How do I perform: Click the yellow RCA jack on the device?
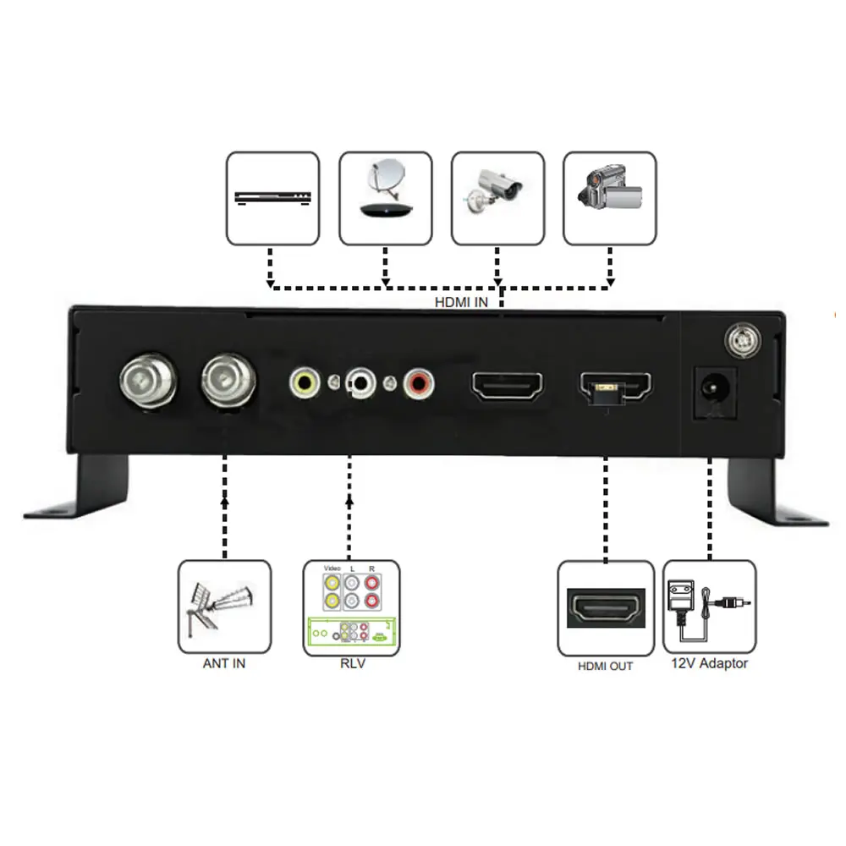[x=303, y=383]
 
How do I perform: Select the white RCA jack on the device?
[x=361, y=383]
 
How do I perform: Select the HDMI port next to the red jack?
[x=508, y=386]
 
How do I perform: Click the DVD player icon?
[x=272, y=199]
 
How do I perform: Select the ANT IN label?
[x=224, y=663]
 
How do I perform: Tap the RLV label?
[x=352, y=663]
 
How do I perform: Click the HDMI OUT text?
[x=605, y=667]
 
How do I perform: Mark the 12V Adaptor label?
[x=709, y=663]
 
